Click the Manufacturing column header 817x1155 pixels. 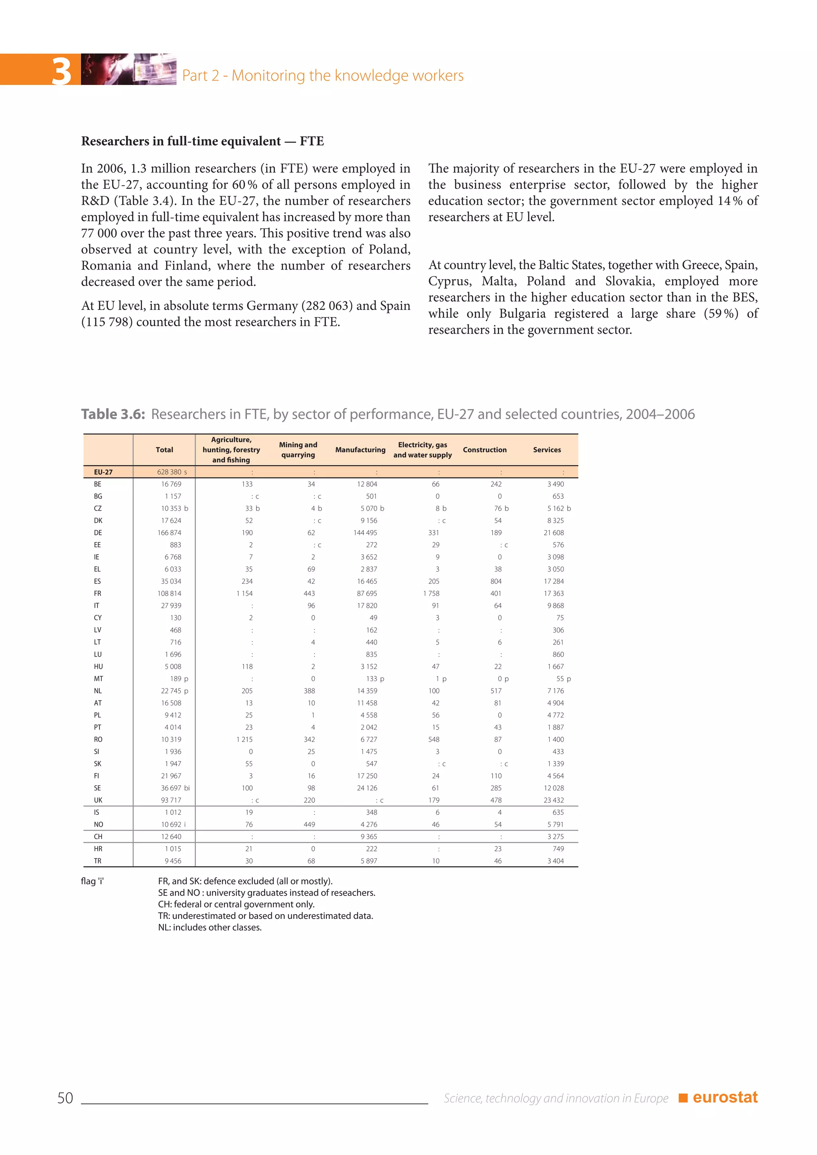click(360, 450)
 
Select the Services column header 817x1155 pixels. click(547, 450)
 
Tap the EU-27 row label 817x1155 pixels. click(103, 472)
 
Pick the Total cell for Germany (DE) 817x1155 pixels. click(169, 533)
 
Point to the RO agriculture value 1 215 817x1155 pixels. click(245, 739)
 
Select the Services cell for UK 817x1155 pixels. click(553, 800)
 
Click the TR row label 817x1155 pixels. click(98, 861)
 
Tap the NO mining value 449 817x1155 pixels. click(310, 824)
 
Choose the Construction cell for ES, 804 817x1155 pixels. click(496, 581)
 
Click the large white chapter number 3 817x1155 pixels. click(61, 71)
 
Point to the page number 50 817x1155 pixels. click(65, 1098)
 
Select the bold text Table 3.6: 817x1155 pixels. click(113, 414)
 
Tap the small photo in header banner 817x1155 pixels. click(128, 69)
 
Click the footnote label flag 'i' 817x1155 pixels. click(92, 881)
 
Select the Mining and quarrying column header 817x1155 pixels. click(298, 450)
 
